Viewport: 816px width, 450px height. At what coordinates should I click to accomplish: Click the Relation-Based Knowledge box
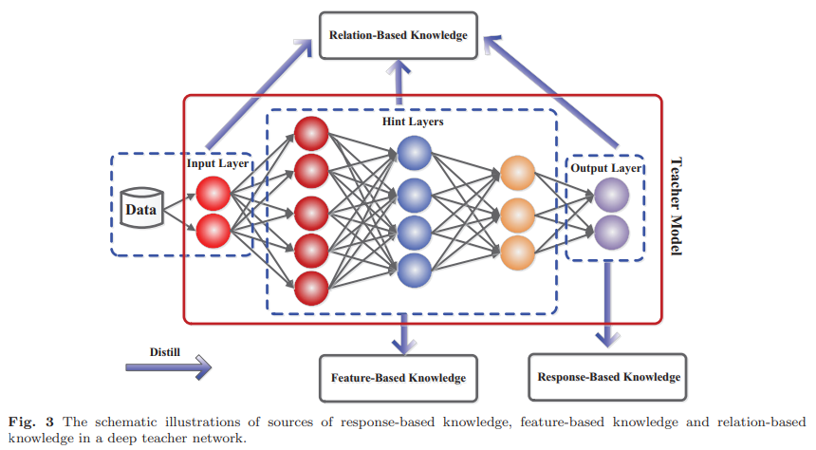[x=399, y=35]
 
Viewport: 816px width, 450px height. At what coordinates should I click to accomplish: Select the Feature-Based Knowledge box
[x=399, y=378]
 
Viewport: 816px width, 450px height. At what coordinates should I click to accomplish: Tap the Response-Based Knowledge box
[x=607, y=377]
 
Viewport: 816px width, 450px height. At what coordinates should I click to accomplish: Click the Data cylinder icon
[x=141, y=208]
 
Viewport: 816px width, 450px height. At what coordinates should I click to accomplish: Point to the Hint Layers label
[x=413, y=122]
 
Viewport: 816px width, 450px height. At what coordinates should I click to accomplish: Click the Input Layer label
[x=217, y=163]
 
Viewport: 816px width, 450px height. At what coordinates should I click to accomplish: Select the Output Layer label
[x=605, y=168]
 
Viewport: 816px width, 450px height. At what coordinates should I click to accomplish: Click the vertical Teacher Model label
[x=676, y=206]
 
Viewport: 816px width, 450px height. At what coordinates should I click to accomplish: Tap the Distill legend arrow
[x=169, y=367]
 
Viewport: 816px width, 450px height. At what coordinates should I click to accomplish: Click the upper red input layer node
[x=213, y=194]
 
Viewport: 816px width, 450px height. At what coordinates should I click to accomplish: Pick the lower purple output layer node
[x=611, y=233]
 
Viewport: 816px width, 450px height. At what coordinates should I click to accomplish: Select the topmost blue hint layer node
[x=415, y=153]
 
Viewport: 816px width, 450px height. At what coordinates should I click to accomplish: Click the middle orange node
[x=517, y=216]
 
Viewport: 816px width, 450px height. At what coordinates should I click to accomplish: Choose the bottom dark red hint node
[x=311, y=288]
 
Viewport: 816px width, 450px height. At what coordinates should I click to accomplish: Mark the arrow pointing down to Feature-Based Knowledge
[x=403, y=333]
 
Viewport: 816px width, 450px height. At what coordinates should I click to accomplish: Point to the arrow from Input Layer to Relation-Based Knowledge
[x=260, y=94]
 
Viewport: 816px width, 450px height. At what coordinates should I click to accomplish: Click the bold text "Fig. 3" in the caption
[x=31, y=422]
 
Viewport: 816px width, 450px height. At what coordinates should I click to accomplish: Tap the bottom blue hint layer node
[x=415, y=271]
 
